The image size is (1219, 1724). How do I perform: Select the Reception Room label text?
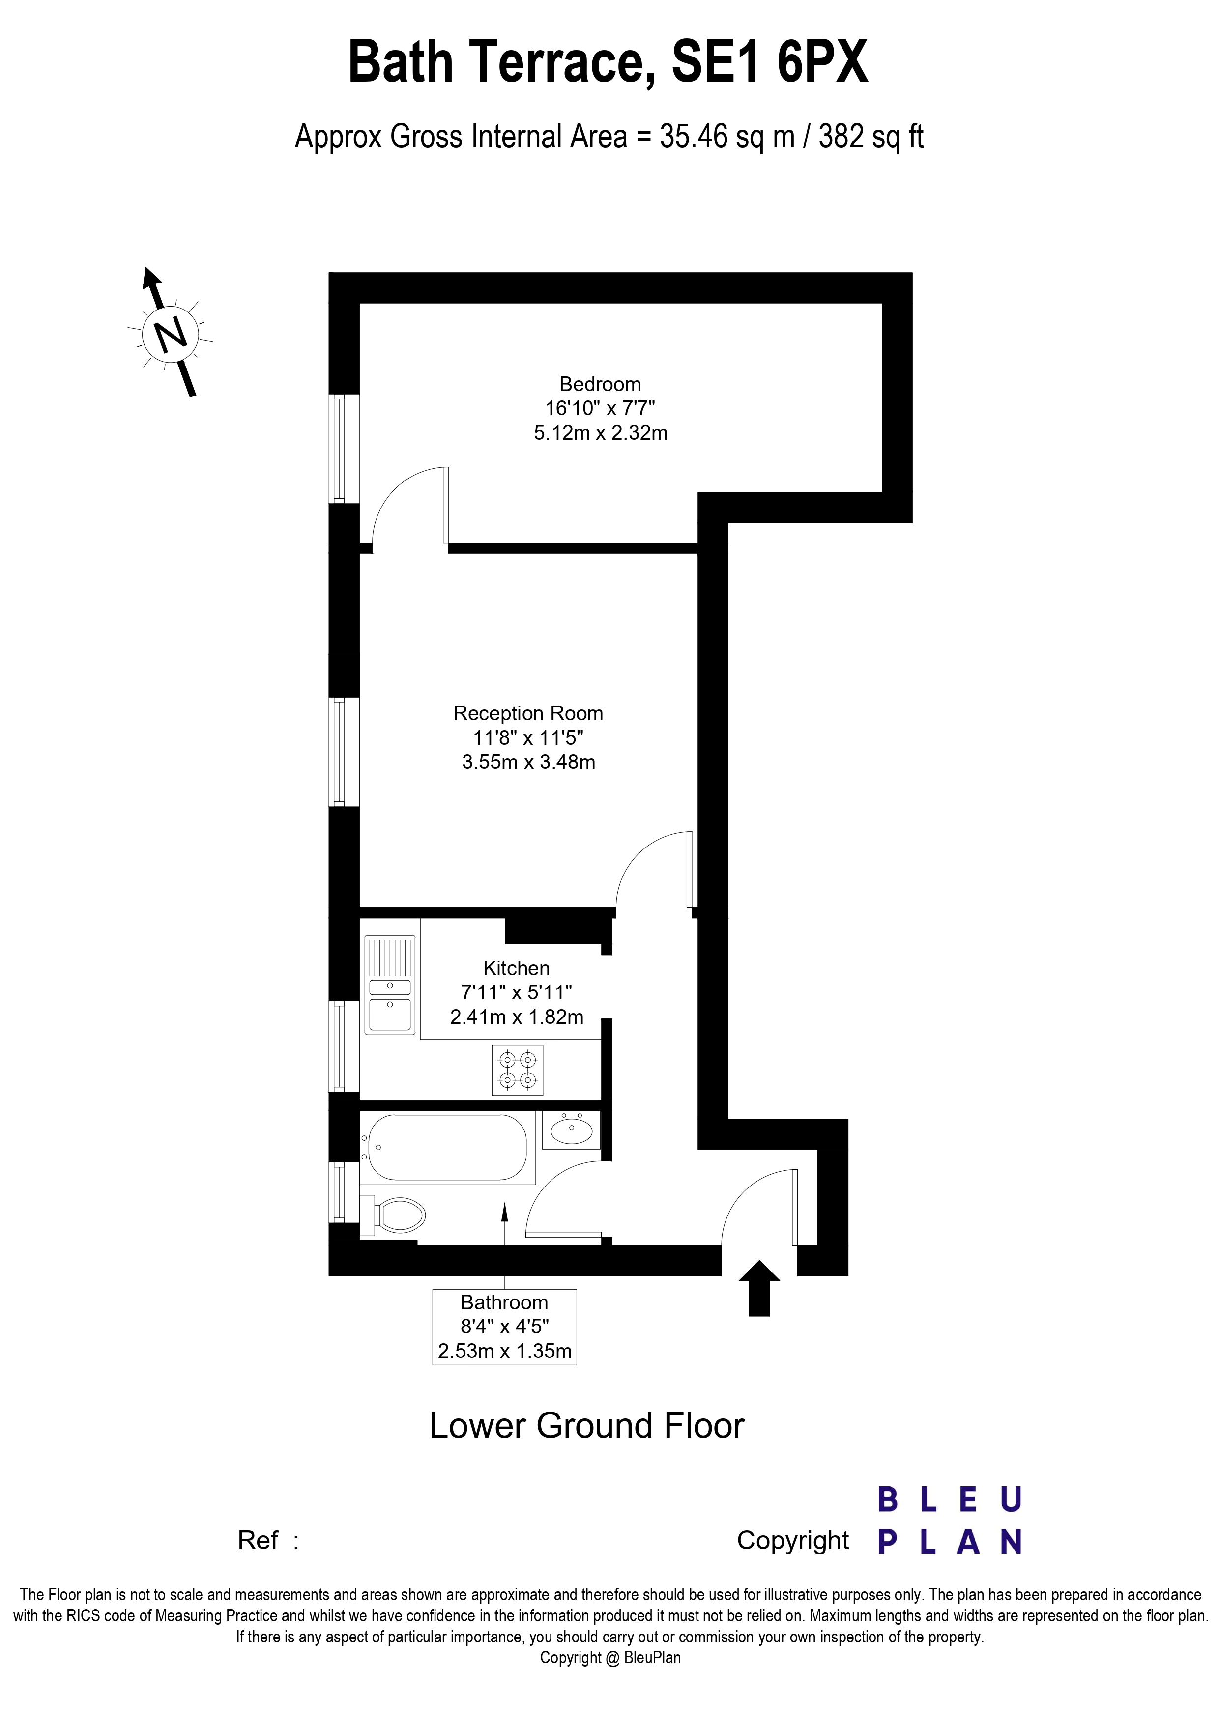point(528,713)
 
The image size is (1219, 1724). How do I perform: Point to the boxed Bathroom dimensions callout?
point(504,1327)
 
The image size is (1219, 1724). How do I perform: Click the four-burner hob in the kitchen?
point(518,1070)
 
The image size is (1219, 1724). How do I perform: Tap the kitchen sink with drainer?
point(390,985)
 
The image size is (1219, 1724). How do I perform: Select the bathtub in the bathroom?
point(446,1147)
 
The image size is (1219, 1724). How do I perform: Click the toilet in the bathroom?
point(394,1215)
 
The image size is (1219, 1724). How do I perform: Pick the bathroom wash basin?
point(572,1130)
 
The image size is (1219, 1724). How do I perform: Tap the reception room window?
point(338,752)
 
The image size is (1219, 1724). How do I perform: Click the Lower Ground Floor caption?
point(586,1426)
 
